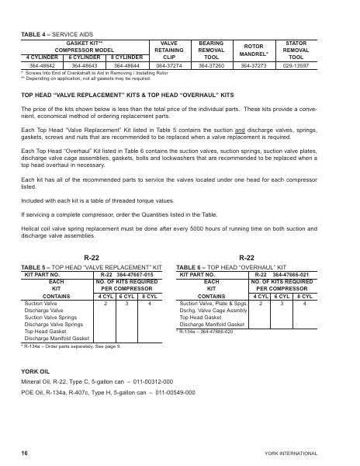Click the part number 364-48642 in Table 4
(42, 65)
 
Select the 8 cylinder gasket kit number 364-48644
(126, 65)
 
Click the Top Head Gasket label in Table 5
(45, 331)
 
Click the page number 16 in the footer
(25, 450)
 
